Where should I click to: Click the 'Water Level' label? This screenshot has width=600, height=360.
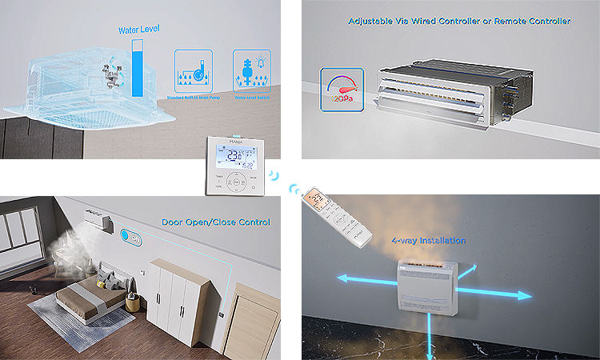click(x=139, y=30)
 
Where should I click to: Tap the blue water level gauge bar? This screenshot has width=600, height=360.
click(x=141, y=68)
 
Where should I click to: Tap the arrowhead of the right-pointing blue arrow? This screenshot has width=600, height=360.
click(x=527, y=296)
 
